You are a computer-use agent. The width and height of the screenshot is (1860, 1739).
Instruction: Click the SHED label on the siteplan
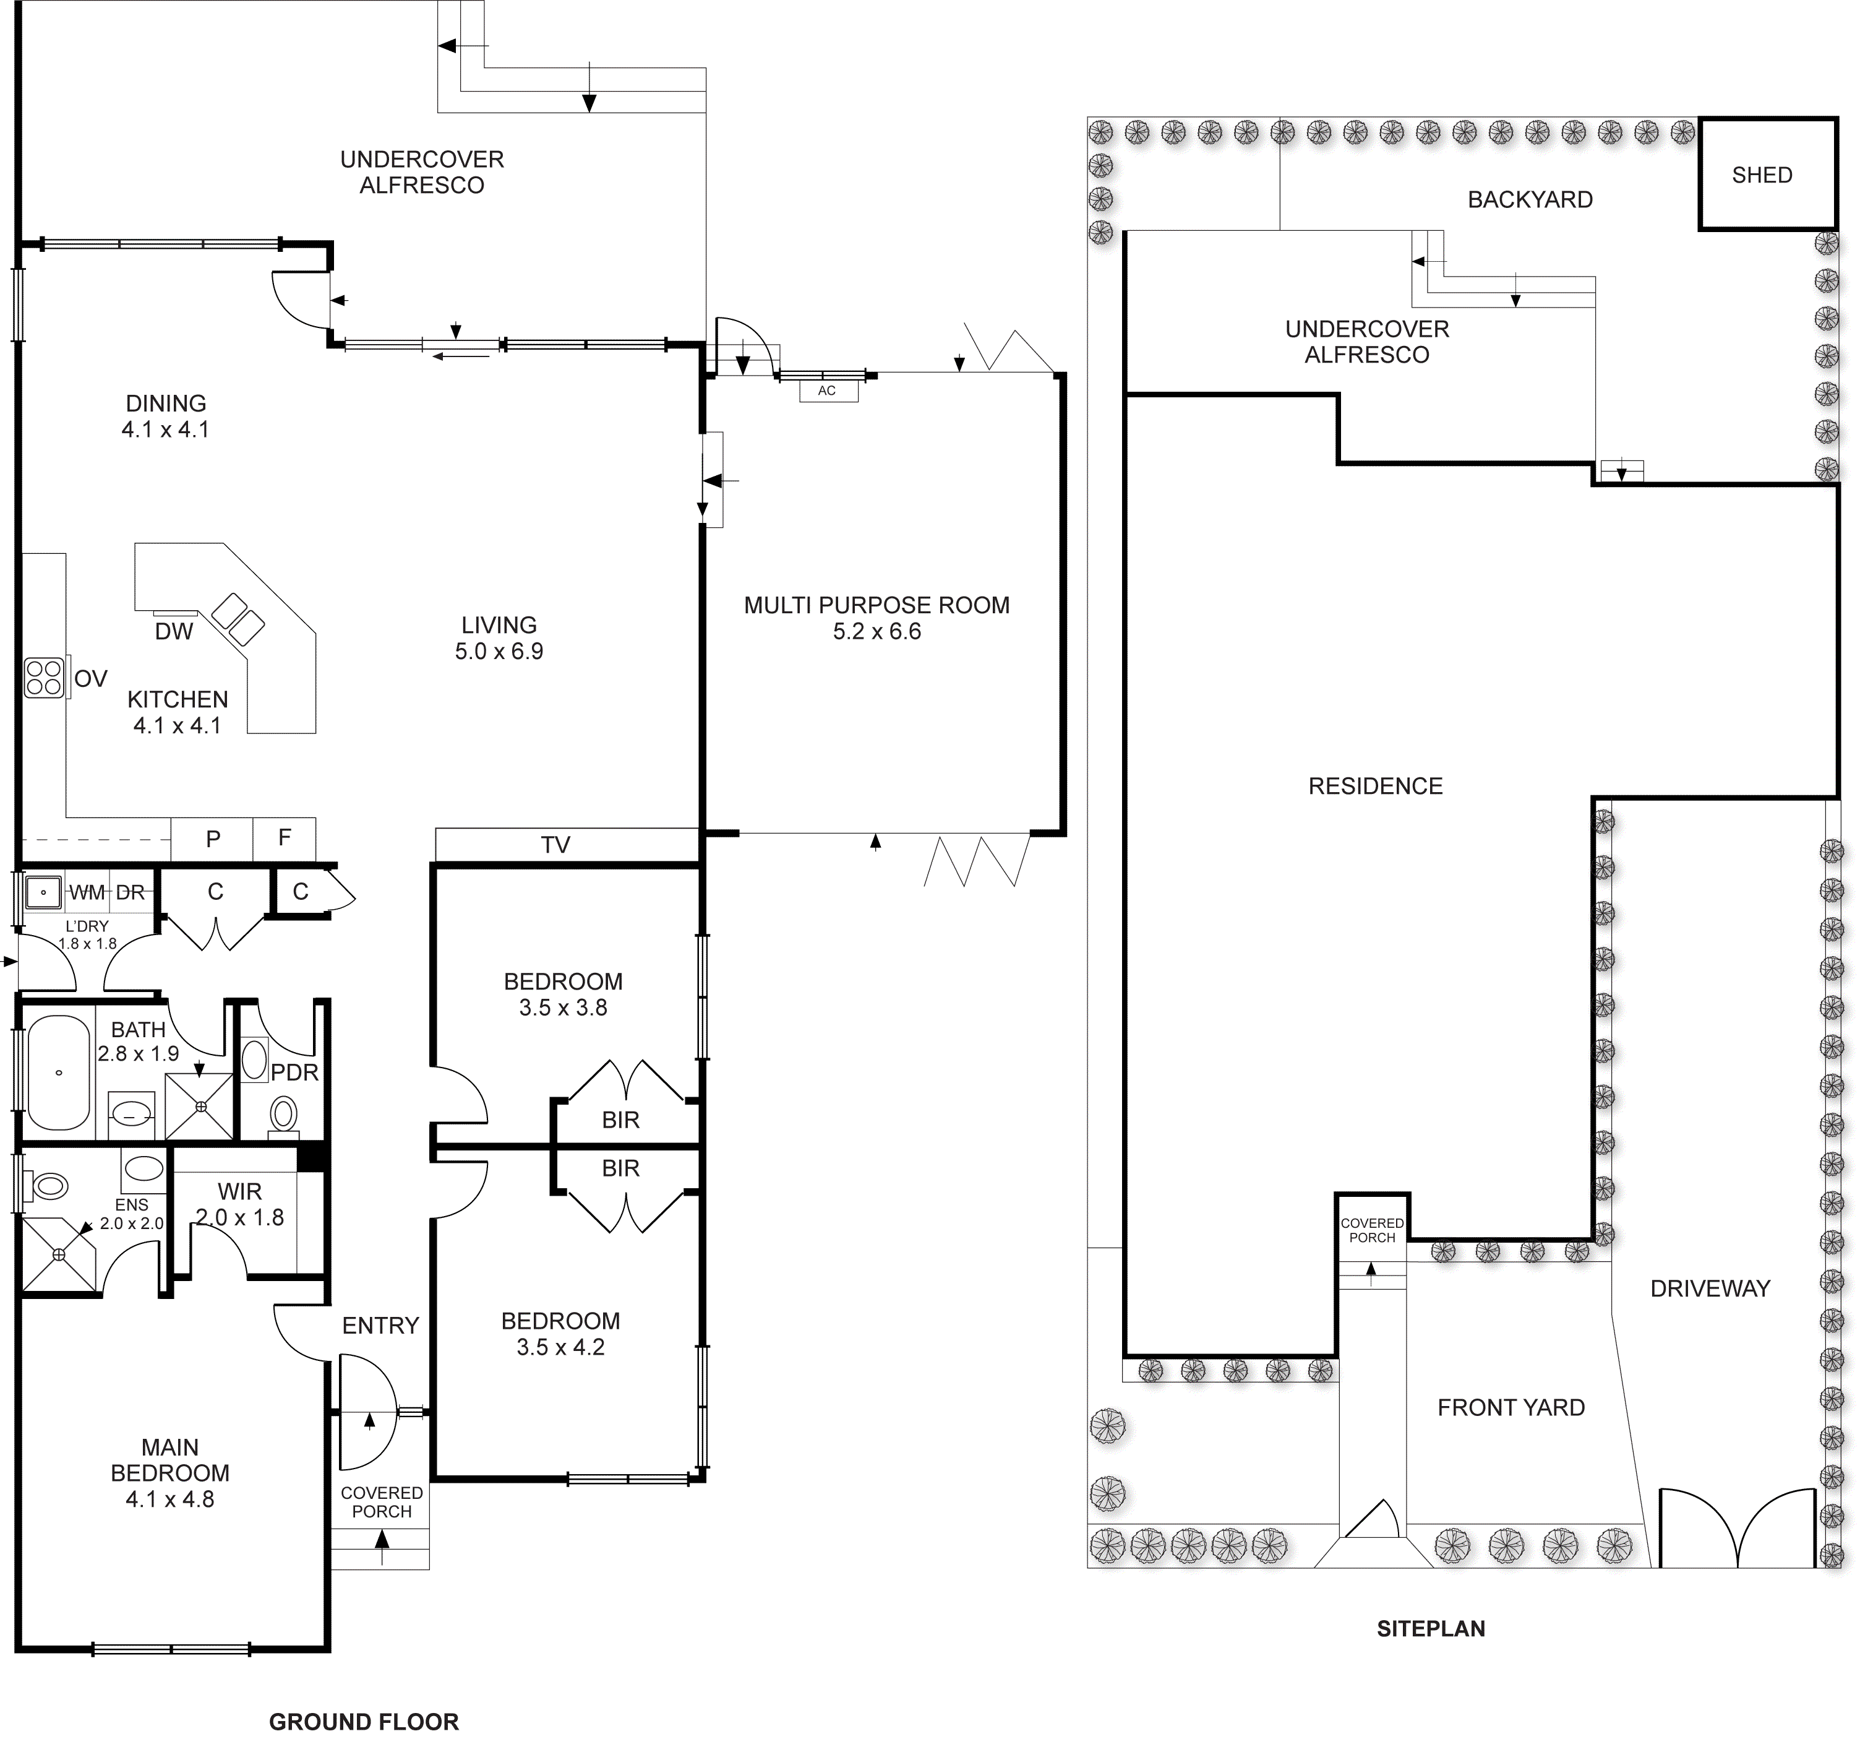tap(1762, 175)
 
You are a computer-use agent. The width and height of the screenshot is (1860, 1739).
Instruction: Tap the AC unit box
tap(828, 391)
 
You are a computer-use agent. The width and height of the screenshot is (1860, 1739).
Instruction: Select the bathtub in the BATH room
tap(59, 1072)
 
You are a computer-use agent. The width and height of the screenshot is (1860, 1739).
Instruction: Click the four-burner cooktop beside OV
tap(44, 678)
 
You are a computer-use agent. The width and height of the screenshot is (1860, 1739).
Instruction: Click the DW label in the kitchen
tap(174, 632)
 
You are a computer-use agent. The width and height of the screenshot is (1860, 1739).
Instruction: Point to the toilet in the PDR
tap(283, 1115)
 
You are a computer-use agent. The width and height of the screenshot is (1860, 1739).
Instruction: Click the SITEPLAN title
tap(1431, 1629)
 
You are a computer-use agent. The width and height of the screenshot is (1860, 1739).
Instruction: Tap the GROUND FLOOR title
tap(364, 1722)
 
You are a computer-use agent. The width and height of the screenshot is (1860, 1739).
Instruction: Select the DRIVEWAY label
tap(1710, 1289)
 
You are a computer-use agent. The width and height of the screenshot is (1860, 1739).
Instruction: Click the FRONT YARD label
tap(1511, 1408)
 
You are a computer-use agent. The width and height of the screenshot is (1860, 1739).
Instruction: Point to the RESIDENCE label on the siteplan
tap(1375, 786)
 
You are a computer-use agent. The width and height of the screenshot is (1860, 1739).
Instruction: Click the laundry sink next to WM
tap(43, 892)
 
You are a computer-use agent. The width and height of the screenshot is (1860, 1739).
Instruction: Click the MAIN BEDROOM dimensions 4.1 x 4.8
tap(169, 1500)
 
